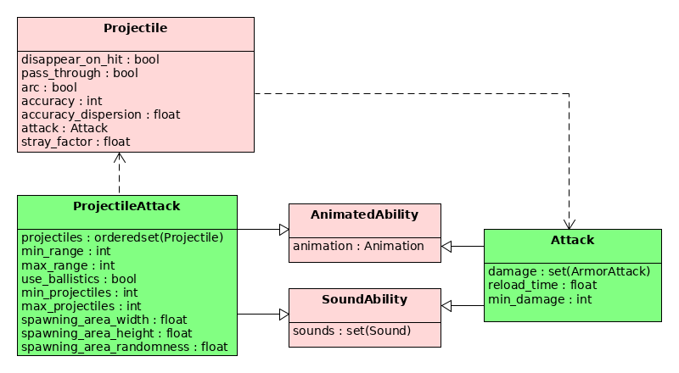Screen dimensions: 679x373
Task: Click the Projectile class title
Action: click(x=135, y=28)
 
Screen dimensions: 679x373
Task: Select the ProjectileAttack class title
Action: click(x=126, y=206)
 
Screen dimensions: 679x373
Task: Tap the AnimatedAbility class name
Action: click(x=365, y=214)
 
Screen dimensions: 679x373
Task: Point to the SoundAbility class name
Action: click(x=365, y=299)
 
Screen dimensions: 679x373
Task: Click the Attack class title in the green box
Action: click(x=572, y=240)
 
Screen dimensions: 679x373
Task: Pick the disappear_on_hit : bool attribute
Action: click(x=90, y=59)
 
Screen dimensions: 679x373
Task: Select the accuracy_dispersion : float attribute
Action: click(x=100, y=114)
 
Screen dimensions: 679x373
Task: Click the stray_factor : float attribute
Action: click(x=76, y=142)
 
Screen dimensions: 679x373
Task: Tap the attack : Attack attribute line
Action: click(x=65, y=128)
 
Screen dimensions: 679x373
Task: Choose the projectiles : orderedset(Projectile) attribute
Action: click(x=122, y=237)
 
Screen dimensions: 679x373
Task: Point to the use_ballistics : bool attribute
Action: click(x=79, y=279)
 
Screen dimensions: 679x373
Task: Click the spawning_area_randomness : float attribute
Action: click(x=124, y=347)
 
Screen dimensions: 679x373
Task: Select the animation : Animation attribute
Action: click(x=358, y=246)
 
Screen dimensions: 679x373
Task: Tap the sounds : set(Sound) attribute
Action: click(x=351, y=331)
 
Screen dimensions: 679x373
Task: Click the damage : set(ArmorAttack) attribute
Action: click(x=569, y=272)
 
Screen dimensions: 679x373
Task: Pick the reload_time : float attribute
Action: click(x=542, y=285)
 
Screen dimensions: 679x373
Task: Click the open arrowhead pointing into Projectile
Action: click(x=120, y=158)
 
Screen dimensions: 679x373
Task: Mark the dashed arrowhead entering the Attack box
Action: click(x=569, y=224)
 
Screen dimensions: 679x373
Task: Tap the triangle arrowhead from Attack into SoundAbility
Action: click(x=446, y=306)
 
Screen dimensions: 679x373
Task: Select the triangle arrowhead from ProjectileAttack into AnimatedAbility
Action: click(x=284, y=230)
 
